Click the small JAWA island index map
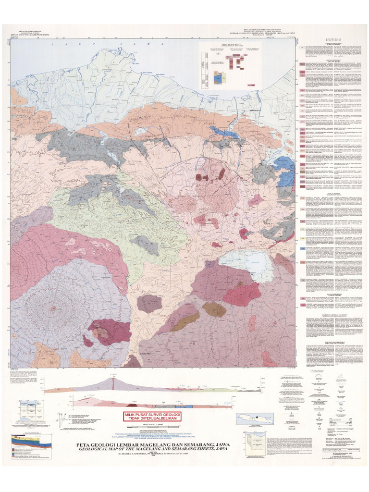click(254, 419)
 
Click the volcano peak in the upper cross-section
click(113, 380)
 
